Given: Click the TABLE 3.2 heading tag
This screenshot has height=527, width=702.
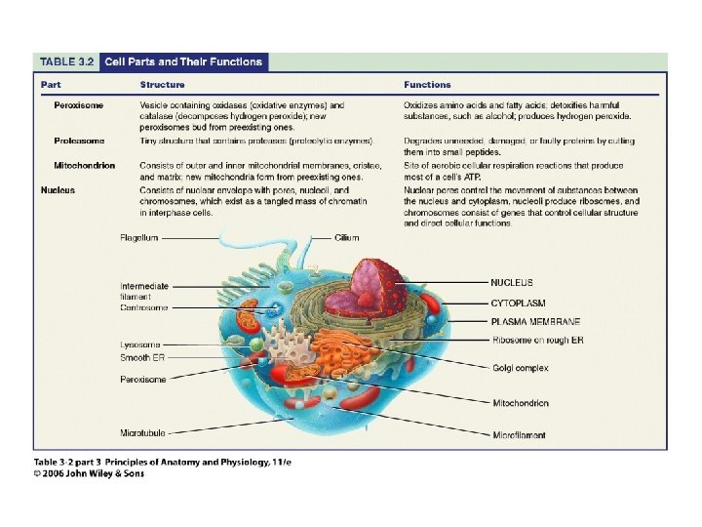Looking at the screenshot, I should tap(67, 62).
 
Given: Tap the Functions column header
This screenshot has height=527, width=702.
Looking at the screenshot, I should tap(427, 85).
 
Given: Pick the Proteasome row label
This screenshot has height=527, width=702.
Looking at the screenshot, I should tap(79, 142).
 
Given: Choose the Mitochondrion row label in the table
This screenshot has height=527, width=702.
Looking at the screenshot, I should tap(84, 166).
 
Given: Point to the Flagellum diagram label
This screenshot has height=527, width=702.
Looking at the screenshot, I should tap(140, 237).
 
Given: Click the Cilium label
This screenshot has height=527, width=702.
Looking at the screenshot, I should tap(348, 237).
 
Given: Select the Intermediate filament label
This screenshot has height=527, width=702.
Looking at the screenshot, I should tap(143, 291).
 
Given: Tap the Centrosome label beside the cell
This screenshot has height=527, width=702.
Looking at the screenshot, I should tap(143, 307).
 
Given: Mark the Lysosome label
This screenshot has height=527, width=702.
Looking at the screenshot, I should tap(140, 345).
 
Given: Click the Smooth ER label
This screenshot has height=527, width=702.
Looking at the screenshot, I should tap(142, 358).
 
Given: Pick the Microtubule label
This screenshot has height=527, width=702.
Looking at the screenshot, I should tap(142, 432).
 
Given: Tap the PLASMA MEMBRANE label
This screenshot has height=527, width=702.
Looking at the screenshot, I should tap(535, 321).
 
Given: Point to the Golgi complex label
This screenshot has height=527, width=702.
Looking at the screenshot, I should tap(520, 368).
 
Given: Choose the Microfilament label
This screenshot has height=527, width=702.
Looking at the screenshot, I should tap(519, 435).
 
